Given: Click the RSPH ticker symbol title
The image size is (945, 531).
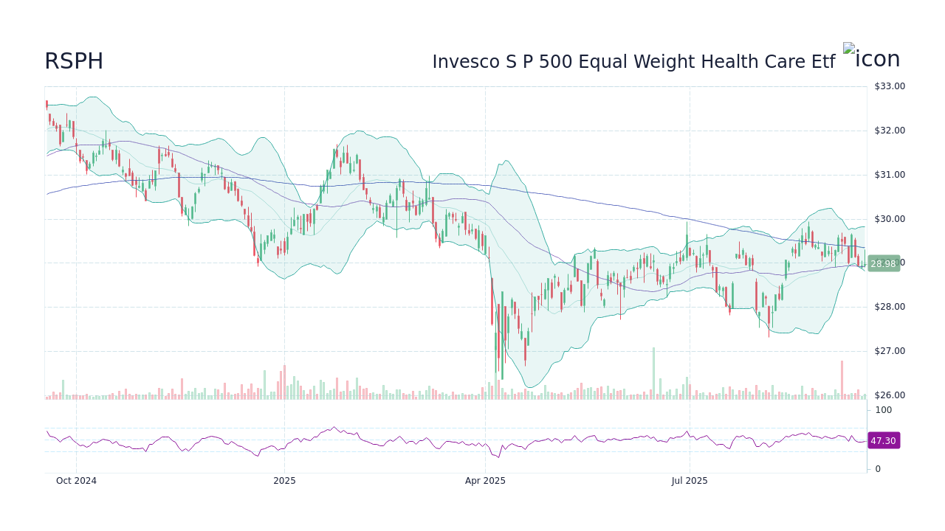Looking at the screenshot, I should pyautogui.click(x=74, y=62).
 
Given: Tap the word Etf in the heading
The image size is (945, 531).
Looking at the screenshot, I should pyautogui.click(x=818, y=63).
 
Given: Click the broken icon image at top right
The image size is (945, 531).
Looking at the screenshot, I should pyautogui.click(x=871, y=59).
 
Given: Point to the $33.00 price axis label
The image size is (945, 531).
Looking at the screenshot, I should pyautogui.click(x=889, y=86).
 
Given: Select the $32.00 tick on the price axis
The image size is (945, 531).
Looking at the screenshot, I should pyautogui.click(x=889, y=131).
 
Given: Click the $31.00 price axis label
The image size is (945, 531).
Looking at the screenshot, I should pyautogui.click(x=889, y=175).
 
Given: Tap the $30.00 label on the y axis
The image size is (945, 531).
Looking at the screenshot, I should pyautogui.click(x=889, y=219).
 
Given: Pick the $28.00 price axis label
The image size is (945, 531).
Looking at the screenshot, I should pyautogui.click(x=889, y=307).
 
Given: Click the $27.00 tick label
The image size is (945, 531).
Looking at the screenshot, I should pyautogui.click(x=889, y=351).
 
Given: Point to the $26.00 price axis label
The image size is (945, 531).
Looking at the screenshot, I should pyautogui.click(x=889, y=395).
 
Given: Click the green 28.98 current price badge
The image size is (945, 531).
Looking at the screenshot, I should pyautogui.click(x=883, y=263).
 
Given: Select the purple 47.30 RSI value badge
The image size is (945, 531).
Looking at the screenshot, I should pyautogui.click(x=883, y=440).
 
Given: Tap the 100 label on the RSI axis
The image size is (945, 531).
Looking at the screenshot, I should pyautogui.click(x=884, y=410).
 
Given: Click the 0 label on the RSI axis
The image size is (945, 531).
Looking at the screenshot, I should pyautogui.click(x=878, y=469).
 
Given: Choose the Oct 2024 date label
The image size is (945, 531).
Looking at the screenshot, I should pyautogui.click(x=77, y=481).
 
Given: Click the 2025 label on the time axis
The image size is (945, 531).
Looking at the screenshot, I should pyautogui.click(x=284, y=481).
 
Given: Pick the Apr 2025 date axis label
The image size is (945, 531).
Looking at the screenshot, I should pyautogui.click(x=485, y=481).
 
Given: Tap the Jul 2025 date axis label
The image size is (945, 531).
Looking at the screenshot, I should pyautogui.click(x=690, y=481).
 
